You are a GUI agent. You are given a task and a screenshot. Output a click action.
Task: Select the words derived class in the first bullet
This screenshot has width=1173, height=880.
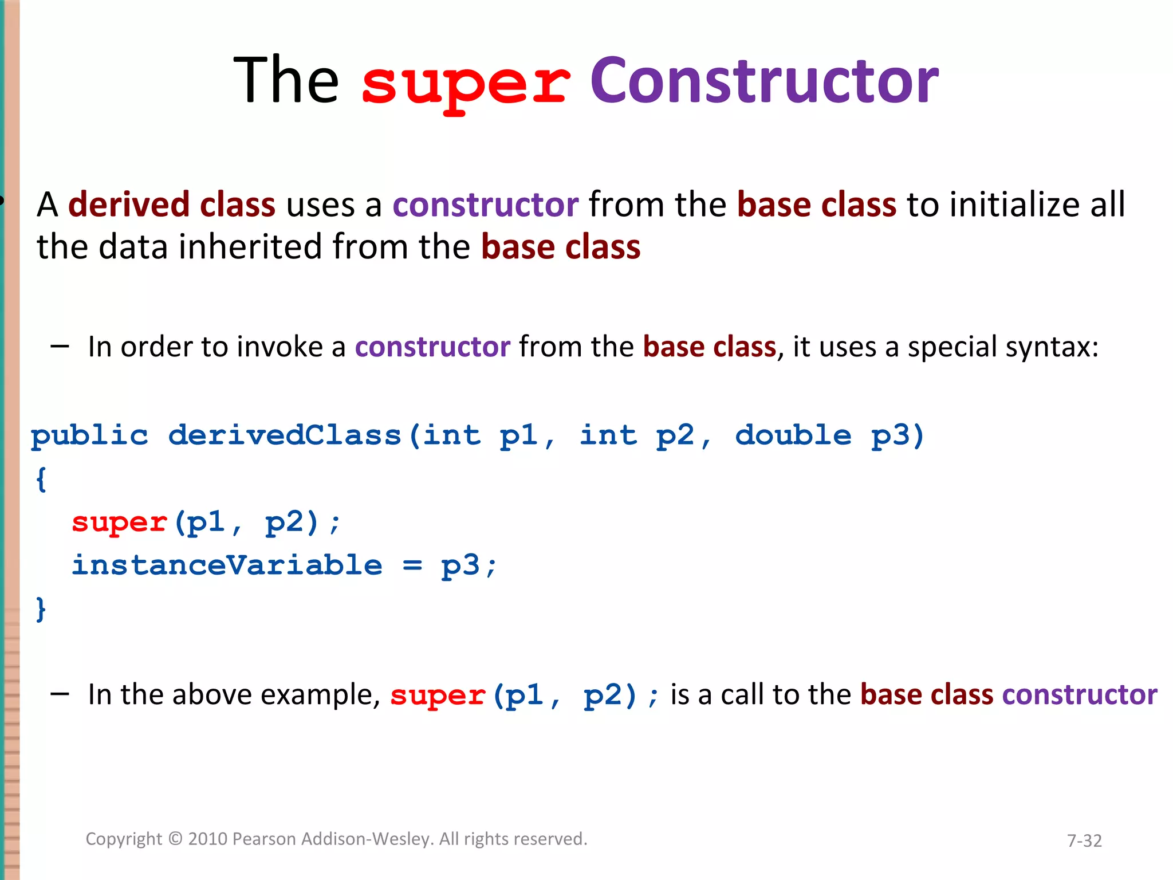click(172, 205)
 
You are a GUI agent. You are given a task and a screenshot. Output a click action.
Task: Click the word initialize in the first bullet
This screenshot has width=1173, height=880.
click(1014, 205)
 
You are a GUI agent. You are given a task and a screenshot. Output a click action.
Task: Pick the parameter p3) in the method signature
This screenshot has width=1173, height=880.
click(898, 436)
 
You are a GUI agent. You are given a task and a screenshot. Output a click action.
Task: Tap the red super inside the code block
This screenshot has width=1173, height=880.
click(119, 522)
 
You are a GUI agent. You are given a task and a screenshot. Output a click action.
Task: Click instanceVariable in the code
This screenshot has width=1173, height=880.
click(227, 565)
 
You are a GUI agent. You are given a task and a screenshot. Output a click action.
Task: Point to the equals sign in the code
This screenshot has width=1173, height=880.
click(412, 566)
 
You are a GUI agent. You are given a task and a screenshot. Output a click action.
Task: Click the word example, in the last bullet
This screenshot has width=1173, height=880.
click(321, 695)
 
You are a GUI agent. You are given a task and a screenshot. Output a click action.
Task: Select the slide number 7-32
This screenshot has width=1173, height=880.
click(1084, 840)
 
